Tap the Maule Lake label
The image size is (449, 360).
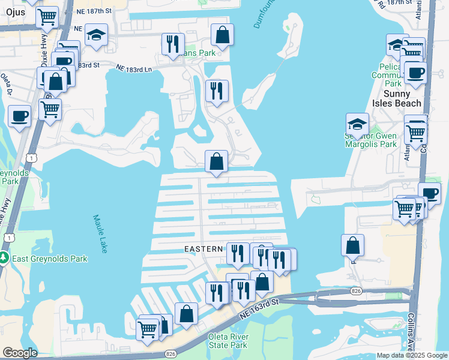pyautogui.click(x=100, y=233)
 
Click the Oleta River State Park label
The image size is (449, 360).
pyautogui.click(x=228, y=341)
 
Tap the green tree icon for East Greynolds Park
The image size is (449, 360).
pyautogui.click(x=4, y=259)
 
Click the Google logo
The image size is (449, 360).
pyautogui.click(x=20, y=353)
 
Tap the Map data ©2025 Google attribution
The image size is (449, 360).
pyautogui.click(x=411, y=355)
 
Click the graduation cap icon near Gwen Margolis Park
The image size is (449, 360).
pyautogui.click(x=357, y=124)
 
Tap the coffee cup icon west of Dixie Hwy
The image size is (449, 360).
pyautogui.click(x=19, y=115)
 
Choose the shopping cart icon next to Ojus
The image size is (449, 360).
pyautogui.click(x=47, y=17)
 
